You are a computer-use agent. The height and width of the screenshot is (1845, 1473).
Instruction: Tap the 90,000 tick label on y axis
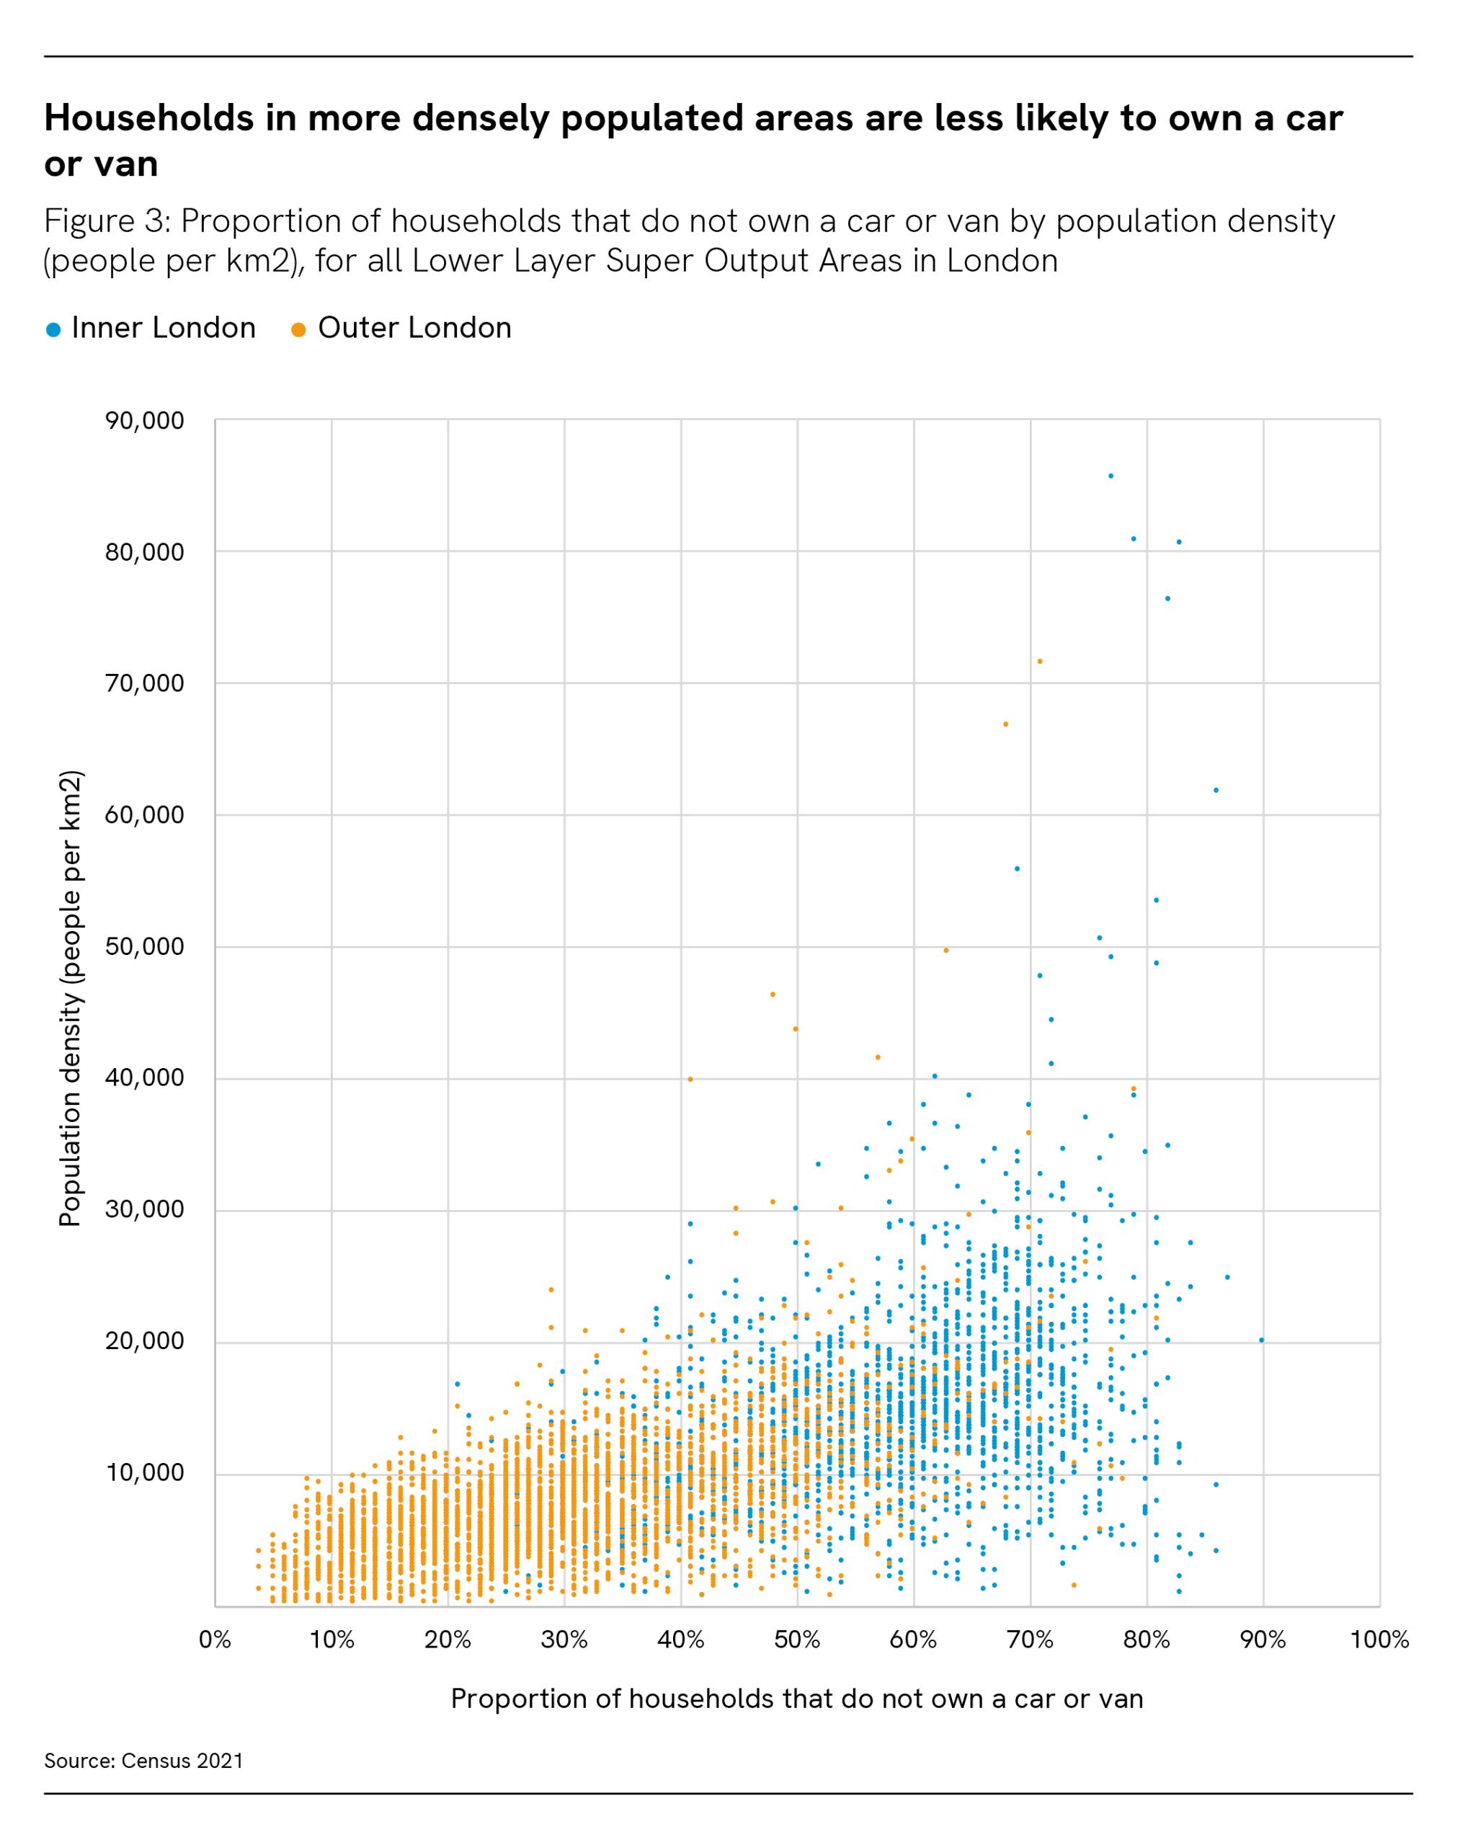(x=145, y=420)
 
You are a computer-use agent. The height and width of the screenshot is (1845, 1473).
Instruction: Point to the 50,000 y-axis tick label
(x=145, y=946)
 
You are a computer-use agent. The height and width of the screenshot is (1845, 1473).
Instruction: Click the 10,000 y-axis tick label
(x=145, y=1472)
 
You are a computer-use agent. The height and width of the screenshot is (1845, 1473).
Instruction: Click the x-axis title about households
(x=797, y=1698)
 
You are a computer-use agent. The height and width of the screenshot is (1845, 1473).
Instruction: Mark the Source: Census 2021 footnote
(x=144, y=1760)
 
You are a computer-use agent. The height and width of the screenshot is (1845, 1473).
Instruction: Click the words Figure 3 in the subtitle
(x=104, y=222)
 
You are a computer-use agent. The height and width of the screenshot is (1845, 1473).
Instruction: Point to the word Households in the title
(x=149, y=118)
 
